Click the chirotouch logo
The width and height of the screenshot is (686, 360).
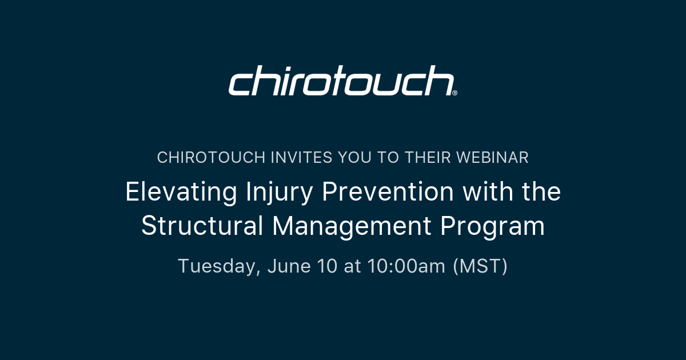[x=342, y=80]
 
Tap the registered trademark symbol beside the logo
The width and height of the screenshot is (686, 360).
[x=455, y=93]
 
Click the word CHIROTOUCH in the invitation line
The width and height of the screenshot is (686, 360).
[x=211, y=158]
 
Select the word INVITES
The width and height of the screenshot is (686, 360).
[x=301, y=158]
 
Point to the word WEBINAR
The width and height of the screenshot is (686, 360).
[x=492, y=158]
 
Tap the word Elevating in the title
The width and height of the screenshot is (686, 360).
[x=181, y=192]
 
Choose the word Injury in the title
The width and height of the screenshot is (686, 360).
[x=279, y=192]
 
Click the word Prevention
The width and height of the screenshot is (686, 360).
[x=388, y=191]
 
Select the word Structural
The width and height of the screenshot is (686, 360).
[x=202, y=226]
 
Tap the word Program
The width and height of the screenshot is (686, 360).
[x=493, y=226]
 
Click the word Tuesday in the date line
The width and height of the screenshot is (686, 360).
[x=219, y=266]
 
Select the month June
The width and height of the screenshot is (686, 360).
[x=289, y=266]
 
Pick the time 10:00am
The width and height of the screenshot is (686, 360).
[x=406, y=266]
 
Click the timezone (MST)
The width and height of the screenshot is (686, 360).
[x=480, y=266]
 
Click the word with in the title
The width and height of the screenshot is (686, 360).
[x=488, y=191]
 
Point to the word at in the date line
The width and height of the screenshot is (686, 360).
[x=352, y=266]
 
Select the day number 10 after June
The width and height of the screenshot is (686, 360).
[x=327, y=266]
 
